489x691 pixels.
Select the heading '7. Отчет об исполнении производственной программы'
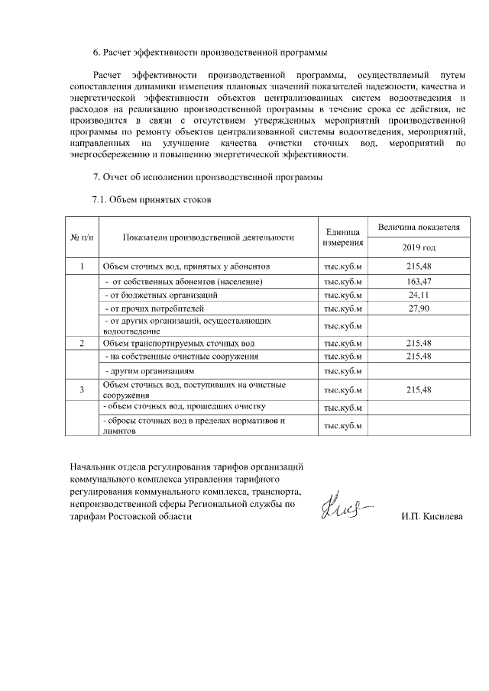[208, 178]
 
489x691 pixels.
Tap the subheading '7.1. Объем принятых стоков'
[151, 200]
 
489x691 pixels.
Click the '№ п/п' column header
[82, 237]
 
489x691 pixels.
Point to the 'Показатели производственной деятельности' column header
[208, 237]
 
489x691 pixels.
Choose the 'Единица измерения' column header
[342, 237]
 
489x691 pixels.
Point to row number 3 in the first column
[82, 390]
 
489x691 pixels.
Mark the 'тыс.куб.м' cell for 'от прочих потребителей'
[342, 308]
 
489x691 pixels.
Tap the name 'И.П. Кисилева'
[432, 517]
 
